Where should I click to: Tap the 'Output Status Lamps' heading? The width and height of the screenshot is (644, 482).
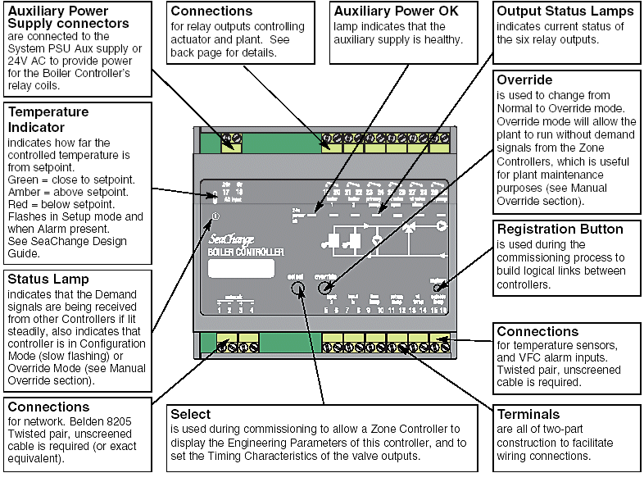[565, 11]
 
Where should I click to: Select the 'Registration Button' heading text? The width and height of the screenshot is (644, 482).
[560, 230]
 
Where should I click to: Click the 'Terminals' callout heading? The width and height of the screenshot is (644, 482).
[528, 415]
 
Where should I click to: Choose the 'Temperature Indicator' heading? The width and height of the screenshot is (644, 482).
[48, 120]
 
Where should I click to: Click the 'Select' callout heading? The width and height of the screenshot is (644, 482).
[190, 414]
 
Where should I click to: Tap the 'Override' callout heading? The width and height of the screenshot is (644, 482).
[524, 80]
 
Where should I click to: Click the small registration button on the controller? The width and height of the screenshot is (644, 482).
[439, 286]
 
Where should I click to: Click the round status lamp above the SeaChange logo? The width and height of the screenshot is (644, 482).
[215, 216]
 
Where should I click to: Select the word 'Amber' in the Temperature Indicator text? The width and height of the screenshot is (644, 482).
[22, 190]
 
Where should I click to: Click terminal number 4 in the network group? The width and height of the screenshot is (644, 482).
[252, 310]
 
